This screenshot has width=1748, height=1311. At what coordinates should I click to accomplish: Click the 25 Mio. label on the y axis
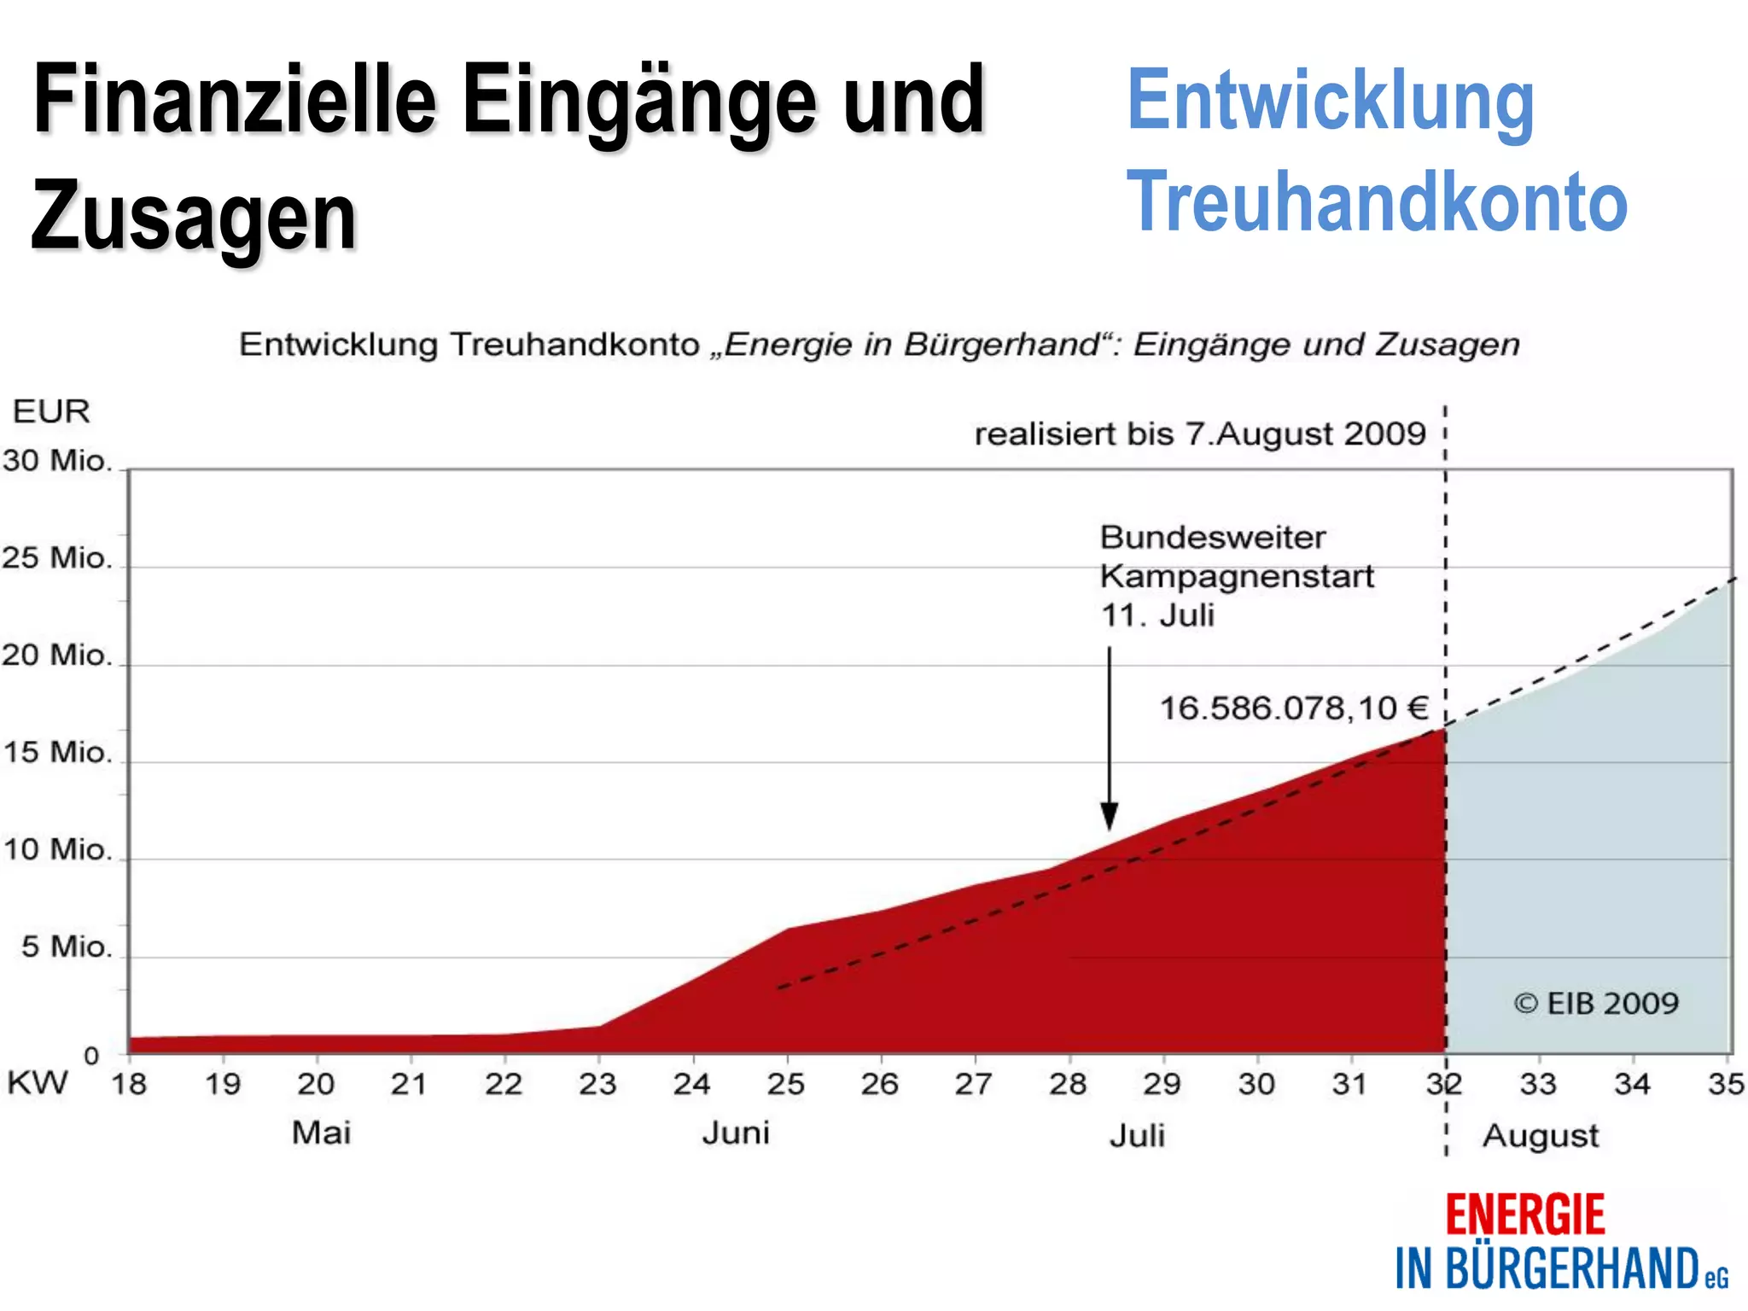pyautogui.click(x=57, y=558)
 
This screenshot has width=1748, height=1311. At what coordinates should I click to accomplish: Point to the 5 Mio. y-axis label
pyautogui.click(x=67, y=947)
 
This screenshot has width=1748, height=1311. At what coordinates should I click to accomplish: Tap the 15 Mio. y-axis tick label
pyautogui.click(x=57, y=753)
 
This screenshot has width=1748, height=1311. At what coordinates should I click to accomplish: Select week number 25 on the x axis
pyautogui.click(x=785, y=1084)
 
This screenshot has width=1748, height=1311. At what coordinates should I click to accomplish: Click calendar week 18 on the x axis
pyautogui.click(x=129, y=1084)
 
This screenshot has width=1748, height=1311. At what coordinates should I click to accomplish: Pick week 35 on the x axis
pyautogui.click(x=1725, y=1084)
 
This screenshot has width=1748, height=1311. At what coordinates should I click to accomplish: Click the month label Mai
pyautogui.click(x=321, y=1133)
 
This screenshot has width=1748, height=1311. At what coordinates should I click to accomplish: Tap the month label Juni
pyautogui.click(x=736, y=1133)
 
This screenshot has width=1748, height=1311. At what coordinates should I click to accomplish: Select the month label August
pyautogui.click(x=1541, y=1136)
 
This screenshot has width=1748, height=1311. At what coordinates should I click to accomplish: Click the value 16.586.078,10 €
pyautogui.click(x=1293, y=708)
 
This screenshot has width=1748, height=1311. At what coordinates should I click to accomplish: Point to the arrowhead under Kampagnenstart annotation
pyautogui.click(x=1109, y=817)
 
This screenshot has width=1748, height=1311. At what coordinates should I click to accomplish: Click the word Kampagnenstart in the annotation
pyautogui.click(x=1237, y=577)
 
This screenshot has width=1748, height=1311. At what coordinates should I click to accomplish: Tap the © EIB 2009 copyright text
pyautogui.click(x=1596, y=1004)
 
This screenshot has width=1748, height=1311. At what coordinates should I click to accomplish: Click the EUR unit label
pyautogui.click(x=51, y=411)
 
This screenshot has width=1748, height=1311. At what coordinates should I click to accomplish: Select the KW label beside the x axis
pyautogui.click(x=38, y=1082)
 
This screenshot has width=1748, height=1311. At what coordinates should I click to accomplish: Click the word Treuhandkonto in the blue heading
pyautogui.click(x=1377, y=201)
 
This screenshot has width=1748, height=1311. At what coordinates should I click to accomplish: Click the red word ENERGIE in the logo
pyautogui.click(x=1524, y=1215)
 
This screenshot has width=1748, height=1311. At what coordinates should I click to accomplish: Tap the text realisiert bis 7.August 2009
pyautogui.click(x=1200, y=434)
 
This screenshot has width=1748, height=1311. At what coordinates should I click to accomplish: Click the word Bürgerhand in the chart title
pyautogui.click(x=1001, y=345)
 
